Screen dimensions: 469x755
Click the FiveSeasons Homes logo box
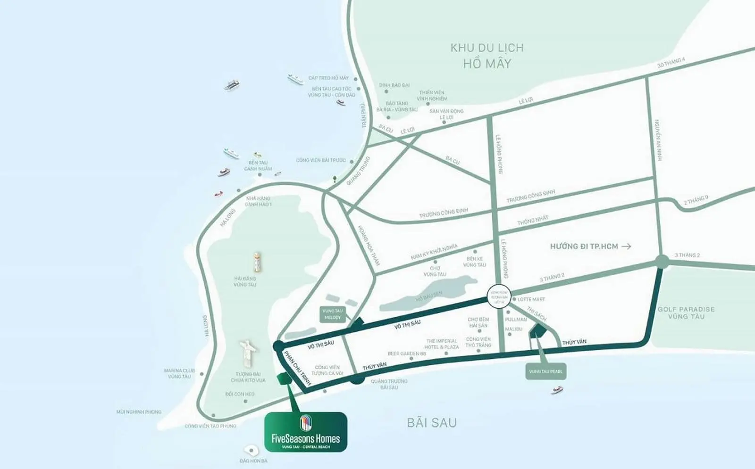click(x=306, y=431)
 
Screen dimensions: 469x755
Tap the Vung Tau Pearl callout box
click(x=545, y=371)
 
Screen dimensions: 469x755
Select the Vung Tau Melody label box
click(x=332, y=314)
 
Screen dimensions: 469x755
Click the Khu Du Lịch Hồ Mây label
click(x=487, y=56)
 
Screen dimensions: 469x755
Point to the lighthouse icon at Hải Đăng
click(x=256, y=262)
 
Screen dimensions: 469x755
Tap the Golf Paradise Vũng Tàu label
click(x=686, y=313)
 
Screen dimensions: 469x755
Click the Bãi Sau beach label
click(x=432, y=422)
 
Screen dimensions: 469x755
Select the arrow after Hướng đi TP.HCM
click(x=626, y=246)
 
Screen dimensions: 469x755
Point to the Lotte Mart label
click(x=531, y=299)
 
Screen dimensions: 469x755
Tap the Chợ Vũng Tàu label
click(x=435, y=271)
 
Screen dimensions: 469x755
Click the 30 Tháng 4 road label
click(x=671, y=62)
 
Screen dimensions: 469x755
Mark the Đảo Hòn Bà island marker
click(x=251, y=451)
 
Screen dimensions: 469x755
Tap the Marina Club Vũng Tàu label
click(x=179, y=373)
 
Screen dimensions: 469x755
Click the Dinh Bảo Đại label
click(x=394, y=85)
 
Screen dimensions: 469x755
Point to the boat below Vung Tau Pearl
click(x=557, y=390)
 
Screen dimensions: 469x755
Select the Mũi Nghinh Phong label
click(x=139, y=412)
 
